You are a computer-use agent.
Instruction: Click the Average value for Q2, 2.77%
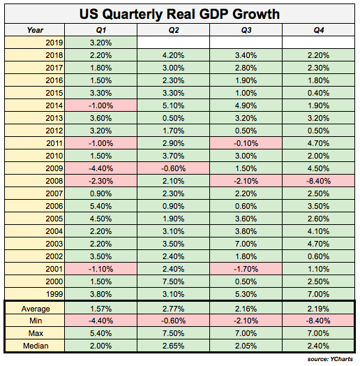pyautogui.click(x=174, y=307)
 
